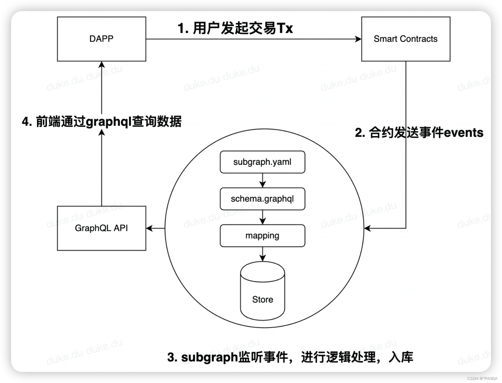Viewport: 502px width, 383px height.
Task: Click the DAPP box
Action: tap(102, 39)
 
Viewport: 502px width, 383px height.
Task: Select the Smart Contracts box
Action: tap(405, 39)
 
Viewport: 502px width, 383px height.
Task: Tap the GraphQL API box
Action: tap(102, 228)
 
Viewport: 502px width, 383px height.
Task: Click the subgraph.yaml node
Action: tap(262, 162)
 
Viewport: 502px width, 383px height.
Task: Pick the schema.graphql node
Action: tap(262, 199)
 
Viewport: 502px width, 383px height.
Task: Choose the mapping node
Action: tap(262, 236)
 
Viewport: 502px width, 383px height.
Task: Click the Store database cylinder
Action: tap(262, 292)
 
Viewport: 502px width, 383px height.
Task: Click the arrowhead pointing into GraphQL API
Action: tap(149, 228)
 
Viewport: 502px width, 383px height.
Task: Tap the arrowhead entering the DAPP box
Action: tap(102, 65)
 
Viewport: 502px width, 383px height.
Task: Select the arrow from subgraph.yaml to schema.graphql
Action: tap(262, 180)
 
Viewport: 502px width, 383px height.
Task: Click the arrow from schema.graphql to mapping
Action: tap(262, 217)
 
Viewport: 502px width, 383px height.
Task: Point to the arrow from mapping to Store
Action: tap(262, 254)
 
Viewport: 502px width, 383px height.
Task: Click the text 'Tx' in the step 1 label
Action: tap(285, 28)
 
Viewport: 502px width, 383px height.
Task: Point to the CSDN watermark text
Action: tap(482, 378)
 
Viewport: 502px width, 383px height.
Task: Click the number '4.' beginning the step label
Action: tap(27, 122)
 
